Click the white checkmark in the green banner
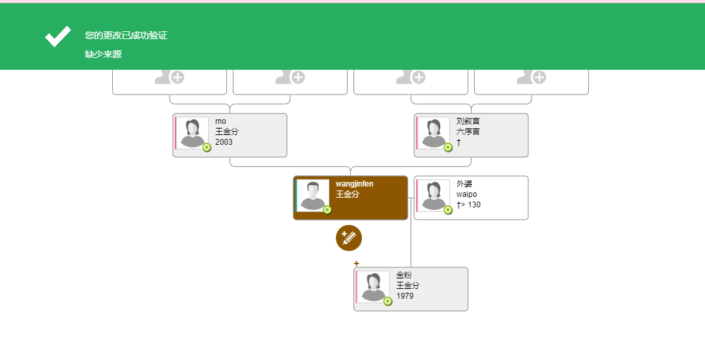[x=58, y=37]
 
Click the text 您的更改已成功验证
[x=126, y=35]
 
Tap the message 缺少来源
[x=104, y=54]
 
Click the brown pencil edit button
[x=349, y=238]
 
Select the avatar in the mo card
[x=192, y=133]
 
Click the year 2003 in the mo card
[x=224, y=142]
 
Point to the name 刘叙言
[x=468, y=121]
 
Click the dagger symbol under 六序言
[x=458, y=142]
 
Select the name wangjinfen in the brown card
[x=354, y=184]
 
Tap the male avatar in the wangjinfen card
[x=313, y=196]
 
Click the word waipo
[x=467, y=194]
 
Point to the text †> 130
[x=468, y=205]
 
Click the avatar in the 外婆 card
[x=434, y=196]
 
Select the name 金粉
[x=404, y=275]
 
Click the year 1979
[x=404, y=296]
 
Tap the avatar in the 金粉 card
[x=373, y=287]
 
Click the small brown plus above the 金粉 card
[x=357, y=263]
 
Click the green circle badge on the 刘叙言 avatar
[x=448, y=147]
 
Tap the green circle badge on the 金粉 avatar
[x=387, y=301]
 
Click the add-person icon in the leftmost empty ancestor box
[x=170, y=77]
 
